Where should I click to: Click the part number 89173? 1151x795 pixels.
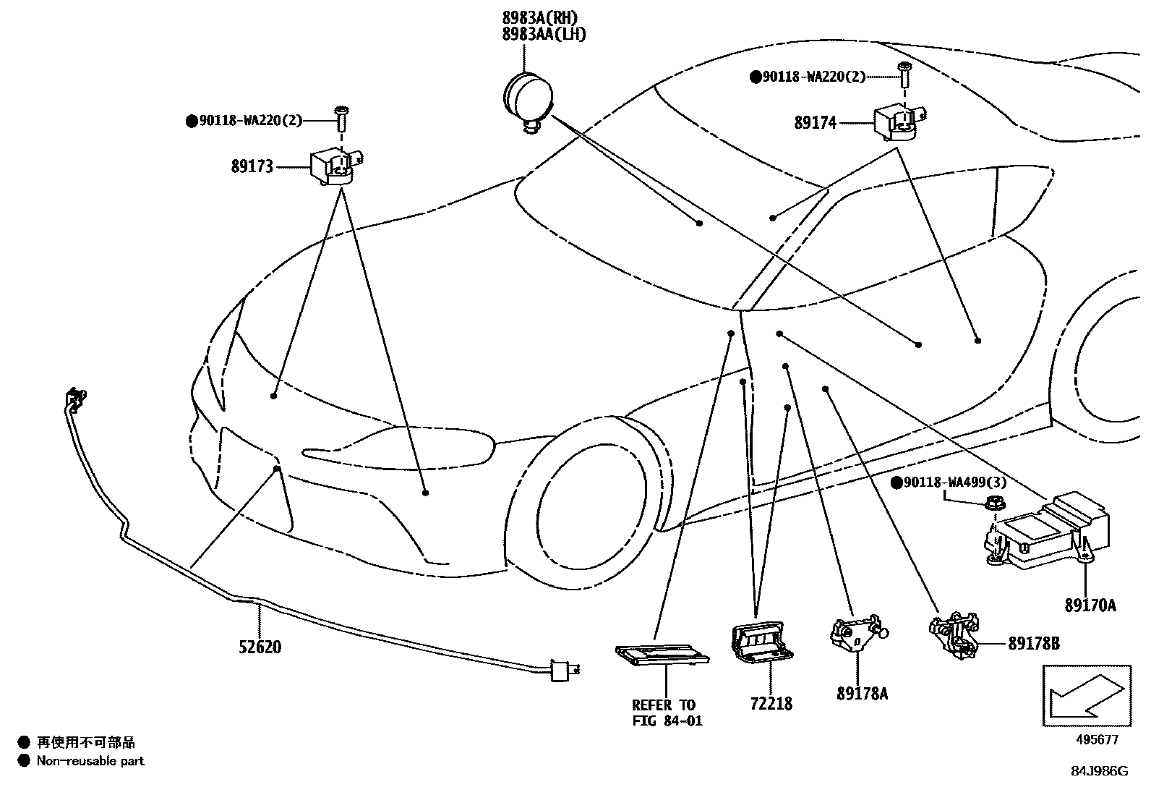[252, 166]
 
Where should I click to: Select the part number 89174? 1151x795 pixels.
[815, 122]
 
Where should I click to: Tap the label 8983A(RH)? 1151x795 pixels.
[541, 18]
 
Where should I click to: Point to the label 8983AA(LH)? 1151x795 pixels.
[544, 34]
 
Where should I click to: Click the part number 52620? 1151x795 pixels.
[260, 647]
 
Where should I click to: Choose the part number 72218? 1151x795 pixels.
[771, 703]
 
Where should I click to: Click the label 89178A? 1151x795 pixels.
[862, 694]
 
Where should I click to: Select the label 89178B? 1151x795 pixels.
[1034, 642]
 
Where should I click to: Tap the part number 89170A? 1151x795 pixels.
[1090, 605]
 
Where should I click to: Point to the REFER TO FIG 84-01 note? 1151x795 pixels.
[667, 713]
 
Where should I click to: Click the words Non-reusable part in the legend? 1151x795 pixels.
[90, 760]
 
